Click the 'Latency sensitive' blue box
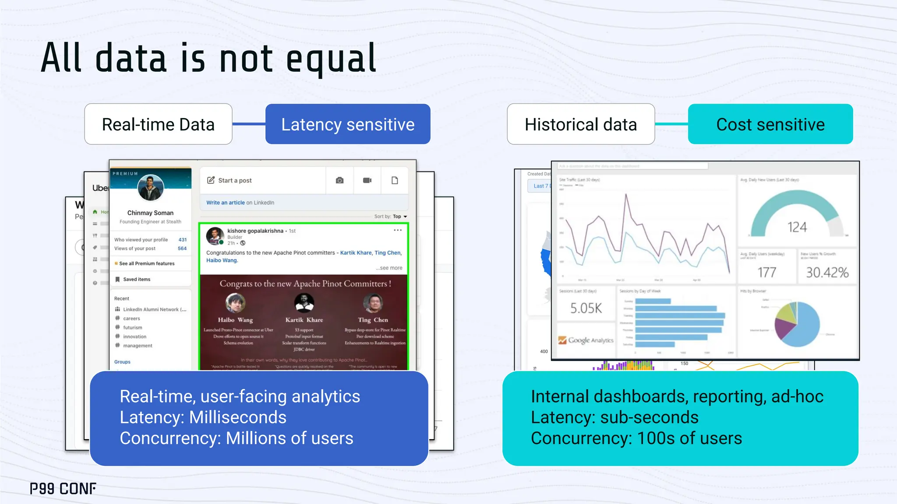pos(348,124)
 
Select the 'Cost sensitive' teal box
pos(770,124)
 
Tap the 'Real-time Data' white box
pos(158,124)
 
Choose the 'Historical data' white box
pos(580,124)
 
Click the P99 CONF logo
pos(63,489)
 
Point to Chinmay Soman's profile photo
pos(150,188)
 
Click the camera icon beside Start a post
pos(339,180)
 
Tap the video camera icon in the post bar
pos(367,180)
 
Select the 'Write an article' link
pos(226,203)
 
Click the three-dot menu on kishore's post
pos(398,230)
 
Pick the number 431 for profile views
pos(183,240)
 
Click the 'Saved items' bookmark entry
pos(136,279)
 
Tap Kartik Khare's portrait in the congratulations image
pos(304,303)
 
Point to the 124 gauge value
pos(797,227)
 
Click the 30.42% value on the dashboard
pos(827,273)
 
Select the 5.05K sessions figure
pos(586,308)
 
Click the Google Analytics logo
pos(586,340)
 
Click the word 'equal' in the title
pos(331,59)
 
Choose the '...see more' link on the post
pos(389,268)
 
